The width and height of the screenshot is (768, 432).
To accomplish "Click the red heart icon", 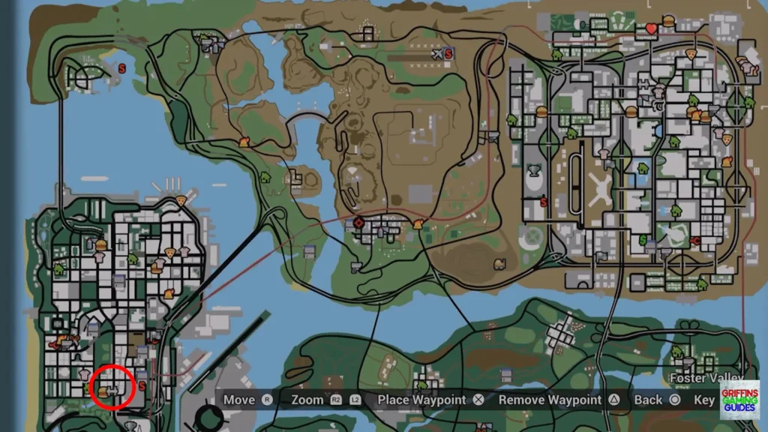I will (x=651, y=29).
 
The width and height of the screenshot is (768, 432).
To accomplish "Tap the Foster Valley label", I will (x=706, y=377).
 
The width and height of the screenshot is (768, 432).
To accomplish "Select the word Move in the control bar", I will (x=239, y=400).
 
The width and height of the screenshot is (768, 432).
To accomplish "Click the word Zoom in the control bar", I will (x=307, y=400).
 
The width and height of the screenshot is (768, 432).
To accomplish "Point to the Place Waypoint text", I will (x=421, y=400).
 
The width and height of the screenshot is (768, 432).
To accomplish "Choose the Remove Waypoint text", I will (x=550, y=400).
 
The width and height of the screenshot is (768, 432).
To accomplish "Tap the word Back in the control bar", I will (x=648, y=400).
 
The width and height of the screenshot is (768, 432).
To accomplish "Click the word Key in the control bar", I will (x=704, y=400).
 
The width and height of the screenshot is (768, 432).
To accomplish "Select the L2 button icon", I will (x=355, y=400).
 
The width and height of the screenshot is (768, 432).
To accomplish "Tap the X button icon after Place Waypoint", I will (x=478, y=400).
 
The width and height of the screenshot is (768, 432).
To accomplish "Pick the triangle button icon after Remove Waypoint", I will (x=613, y=400).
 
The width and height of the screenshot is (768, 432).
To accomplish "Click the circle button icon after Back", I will (x=674, y=400).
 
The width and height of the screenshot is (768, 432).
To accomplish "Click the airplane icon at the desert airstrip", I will (x=437, y=54).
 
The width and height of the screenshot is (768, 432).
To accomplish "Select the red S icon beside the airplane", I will (x=449, y=54).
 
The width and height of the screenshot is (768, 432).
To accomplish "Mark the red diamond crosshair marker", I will (x=358, y=222).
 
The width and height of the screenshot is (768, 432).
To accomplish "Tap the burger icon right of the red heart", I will (x=667, y=22).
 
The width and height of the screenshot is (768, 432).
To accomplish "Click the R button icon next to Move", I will (x=266, y=400).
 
